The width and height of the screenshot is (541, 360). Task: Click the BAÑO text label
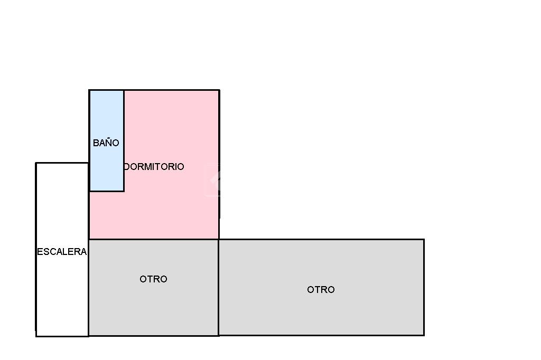pyautogui.click(x=106, y=143)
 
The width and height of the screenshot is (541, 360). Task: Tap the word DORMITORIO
pyautogui.click(x=154, y=167)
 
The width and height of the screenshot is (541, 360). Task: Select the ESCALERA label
pyautogui.click(x=62, y=252)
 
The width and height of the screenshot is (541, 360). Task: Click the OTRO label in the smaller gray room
pyautogui.click(x=153, y=279)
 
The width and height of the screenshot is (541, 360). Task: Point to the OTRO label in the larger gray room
pyautogui.click(x=321, y=290)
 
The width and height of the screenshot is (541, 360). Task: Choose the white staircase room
pyautogui.click(x=62, y=296)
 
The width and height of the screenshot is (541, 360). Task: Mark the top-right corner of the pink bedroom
pyautogui.click(x=219, y=90)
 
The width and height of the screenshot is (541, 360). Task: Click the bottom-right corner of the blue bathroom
pyautogui.click(x=124, y=191)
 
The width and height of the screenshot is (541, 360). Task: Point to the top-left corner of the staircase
pyautogui.click(x=36, y=163)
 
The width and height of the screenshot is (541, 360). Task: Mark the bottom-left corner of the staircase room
pyautogui.click(x=36, y=336)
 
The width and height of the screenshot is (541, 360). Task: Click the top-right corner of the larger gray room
pyautogui.click(x=424, y=240)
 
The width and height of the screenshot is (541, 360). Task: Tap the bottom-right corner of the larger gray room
pyautogui.click(x=424, y=335)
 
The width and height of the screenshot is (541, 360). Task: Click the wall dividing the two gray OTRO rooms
pyautogui.click(x=219, y=288)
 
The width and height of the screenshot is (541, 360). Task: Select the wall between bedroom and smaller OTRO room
pyautogui.click(x=153, y=239)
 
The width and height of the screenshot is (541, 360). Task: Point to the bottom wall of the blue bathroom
pyautogui.click(x=106, y=191)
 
